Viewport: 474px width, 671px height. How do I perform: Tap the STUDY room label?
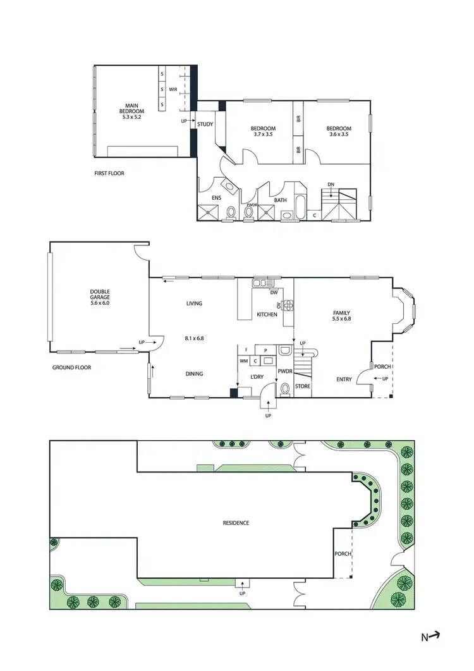[205, 124]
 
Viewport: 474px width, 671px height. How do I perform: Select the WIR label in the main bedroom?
[173, 90]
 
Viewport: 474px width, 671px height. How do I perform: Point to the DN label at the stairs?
[331, 185]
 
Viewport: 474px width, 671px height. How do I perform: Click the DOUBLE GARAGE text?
[100, 297]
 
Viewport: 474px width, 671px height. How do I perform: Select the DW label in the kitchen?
[273, 292]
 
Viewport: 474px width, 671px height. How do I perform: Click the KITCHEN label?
[267, 314]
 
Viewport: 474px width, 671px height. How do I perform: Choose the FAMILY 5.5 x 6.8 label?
[341, 316]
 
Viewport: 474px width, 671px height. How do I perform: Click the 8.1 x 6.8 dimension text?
[194, 338]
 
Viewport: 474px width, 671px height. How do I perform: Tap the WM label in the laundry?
[243, 361]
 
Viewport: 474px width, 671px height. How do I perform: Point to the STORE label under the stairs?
[303, 385]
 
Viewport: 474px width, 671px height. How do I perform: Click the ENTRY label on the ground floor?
[344, 379]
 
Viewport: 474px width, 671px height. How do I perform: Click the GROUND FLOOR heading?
[71, 367]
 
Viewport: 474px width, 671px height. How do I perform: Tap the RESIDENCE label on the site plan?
[236, 523]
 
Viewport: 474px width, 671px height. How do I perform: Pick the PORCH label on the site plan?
[343, 554]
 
